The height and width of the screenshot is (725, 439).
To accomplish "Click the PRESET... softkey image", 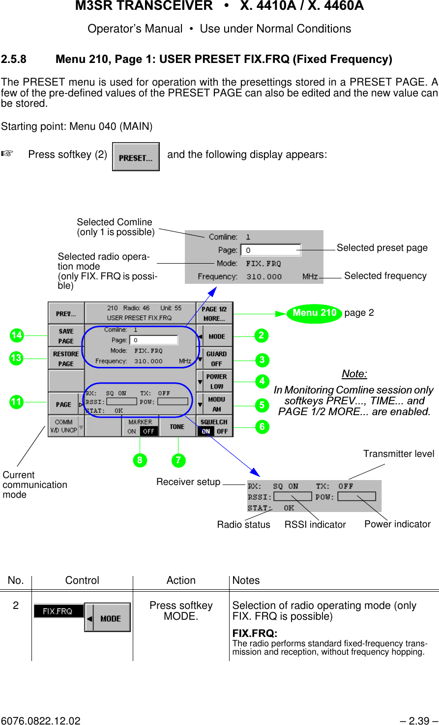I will click(136, 157).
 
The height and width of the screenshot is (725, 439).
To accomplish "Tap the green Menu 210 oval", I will click(314, 313).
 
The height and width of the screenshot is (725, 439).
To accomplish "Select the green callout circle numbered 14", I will click(17, 335).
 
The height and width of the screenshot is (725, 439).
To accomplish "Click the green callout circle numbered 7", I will click(178, 460).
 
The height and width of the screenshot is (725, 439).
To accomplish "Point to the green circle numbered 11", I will click(17, 402).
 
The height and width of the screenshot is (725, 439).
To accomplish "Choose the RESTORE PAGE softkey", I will click(66, 359).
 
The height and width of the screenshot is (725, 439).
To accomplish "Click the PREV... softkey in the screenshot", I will click(66, 313).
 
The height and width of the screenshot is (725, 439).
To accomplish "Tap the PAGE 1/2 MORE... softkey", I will click(214, 313).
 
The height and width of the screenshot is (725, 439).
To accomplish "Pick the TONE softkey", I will click(177, 426).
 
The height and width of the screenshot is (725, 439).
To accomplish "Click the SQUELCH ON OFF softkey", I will click(214, 426).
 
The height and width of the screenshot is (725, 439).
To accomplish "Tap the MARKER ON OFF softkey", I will click(141, 426).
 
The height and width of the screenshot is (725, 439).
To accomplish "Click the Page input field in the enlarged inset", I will click(270, 250).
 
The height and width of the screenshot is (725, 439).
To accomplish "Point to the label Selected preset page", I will click(382, 248).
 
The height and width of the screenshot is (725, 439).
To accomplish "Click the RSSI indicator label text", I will click(315, 525).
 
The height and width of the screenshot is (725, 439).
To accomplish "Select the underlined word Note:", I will click(354, 374).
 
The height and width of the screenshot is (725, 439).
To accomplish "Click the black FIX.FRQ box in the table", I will click(58, 611).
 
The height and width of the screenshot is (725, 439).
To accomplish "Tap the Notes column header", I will click(246, 580).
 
